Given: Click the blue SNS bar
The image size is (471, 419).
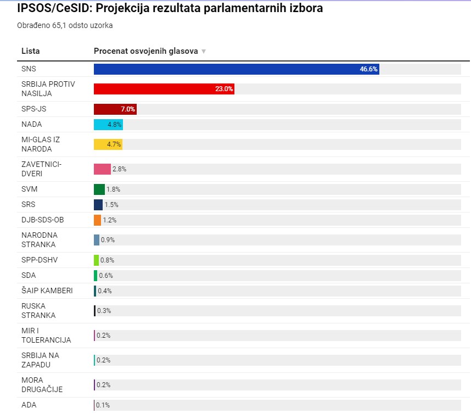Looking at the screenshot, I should pos(236,69).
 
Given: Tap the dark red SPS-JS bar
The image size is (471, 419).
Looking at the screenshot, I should pos(115,109).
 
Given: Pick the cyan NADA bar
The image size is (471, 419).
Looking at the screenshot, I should pos(108,125).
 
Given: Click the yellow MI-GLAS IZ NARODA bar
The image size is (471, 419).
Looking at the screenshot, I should pos(108,144).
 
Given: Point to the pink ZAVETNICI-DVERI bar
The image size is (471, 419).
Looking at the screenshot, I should pos(102,169).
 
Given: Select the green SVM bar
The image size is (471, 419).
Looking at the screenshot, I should pos(99,189).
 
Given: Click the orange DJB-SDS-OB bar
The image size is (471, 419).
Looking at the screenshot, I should pos(97,220).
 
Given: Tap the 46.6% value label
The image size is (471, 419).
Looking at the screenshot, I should pos(368,69).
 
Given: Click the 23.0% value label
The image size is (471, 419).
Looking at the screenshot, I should pos(224,89).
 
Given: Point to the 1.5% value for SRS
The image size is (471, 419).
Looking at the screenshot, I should pos(111,205).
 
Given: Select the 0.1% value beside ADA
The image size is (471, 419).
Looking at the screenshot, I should pos(103,405).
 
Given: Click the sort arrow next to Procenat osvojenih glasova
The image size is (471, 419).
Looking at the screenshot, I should pos(204,52).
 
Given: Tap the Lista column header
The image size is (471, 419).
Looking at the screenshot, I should pos(31,51).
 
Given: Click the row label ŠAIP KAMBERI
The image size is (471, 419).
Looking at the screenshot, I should pos(47,290).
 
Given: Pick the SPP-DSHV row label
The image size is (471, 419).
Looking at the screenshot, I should pos(40,260).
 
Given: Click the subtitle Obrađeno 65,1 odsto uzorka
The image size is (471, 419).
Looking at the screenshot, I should pos(61,25).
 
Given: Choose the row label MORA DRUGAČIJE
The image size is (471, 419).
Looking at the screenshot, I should pos(42,384).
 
